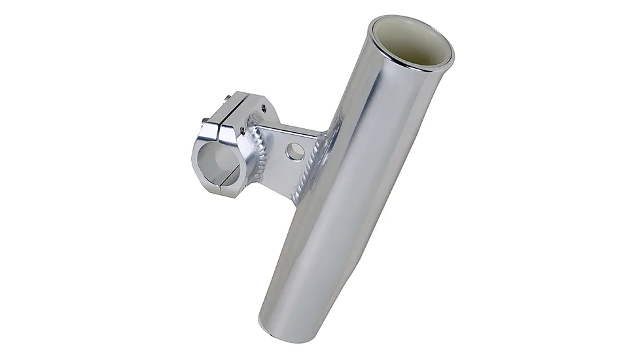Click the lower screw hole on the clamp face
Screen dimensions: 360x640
[242, 130]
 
